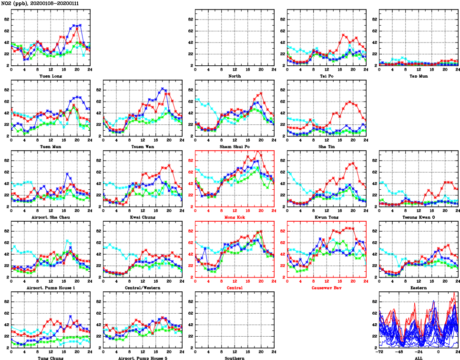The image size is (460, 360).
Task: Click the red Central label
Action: tap(235, 288)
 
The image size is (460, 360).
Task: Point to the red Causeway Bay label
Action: tap(327, 288)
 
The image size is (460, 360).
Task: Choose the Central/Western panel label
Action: tap(143, 288)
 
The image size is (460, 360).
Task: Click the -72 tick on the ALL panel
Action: tap(380, 351)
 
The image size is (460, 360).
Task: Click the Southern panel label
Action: tap(235, 358)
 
